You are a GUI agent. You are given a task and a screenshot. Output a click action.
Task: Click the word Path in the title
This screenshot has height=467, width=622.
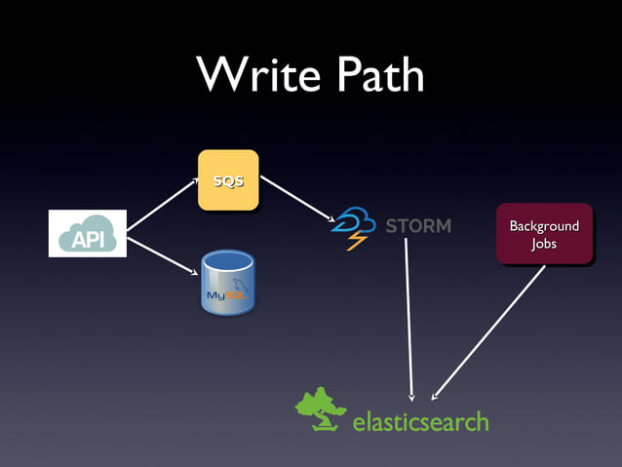374,74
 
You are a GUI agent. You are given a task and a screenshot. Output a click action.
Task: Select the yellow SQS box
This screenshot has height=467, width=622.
228,180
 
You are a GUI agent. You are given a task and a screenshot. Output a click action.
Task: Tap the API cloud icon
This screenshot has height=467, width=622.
88,233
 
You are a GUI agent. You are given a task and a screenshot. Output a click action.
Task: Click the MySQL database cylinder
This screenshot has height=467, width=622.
227,284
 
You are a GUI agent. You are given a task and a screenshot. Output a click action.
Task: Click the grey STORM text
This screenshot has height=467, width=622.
418,226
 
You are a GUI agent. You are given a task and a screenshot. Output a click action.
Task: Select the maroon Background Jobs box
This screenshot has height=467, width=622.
544,234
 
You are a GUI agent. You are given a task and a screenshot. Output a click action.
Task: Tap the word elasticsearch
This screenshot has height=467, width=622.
420,422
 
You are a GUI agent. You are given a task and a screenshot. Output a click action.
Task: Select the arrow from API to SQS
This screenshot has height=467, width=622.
162,205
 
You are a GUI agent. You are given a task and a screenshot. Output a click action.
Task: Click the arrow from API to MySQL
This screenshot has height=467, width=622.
162,255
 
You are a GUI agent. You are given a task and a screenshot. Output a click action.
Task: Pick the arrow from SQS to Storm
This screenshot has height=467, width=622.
297,199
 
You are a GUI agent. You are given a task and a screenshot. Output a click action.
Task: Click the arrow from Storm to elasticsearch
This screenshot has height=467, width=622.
409,317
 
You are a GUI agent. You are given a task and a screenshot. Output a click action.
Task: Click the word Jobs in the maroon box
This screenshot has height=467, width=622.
544,244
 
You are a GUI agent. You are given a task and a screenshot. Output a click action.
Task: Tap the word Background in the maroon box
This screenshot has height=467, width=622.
544,226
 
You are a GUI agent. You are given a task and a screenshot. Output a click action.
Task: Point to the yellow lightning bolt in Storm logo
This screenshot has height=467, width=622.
355,240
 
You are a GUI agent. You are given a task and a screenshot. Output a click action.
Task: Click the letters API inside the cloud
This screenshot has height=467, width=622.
88,239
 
